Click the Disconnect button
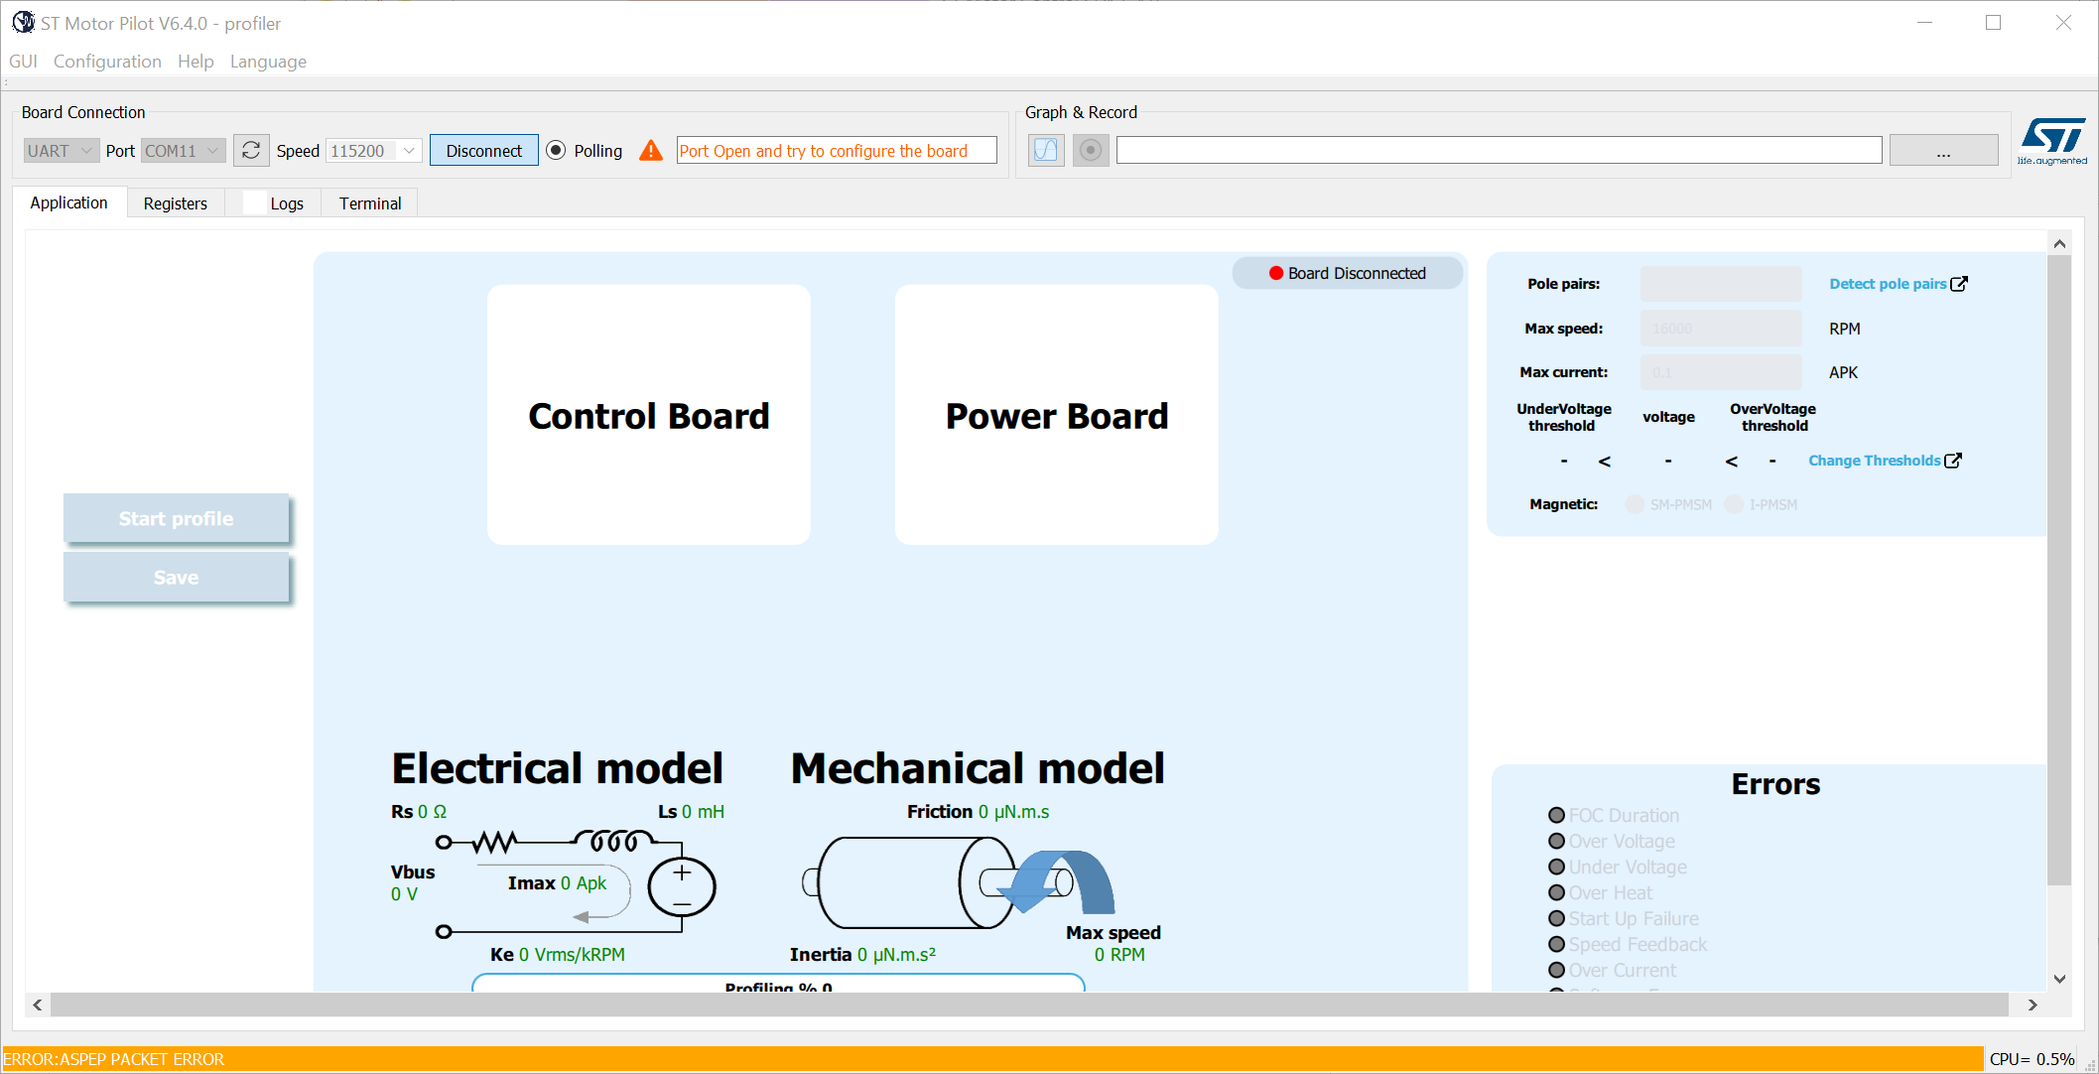pos(483,151)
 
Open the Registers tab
pos(175,203)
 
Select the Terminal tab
pos(369,203)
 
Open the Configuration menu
pos(107,62)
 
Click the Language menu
pos(268,62)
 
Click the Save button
pos(176,578)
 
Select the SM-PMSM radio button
pos(1635,504)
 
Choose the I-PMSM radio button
pos(1734,504)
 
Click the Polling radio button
pos(556,151)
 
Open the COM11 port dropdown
pos(183,151)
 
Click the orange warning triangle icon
pos(651,151)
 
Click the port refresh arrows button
pos(251,151)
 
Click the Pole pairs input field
pos(1720,284)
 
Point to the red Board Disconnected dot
pos(1276,273)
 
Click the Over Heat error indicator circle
pos(1556,892)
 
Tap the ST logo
pos(2052,141)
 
